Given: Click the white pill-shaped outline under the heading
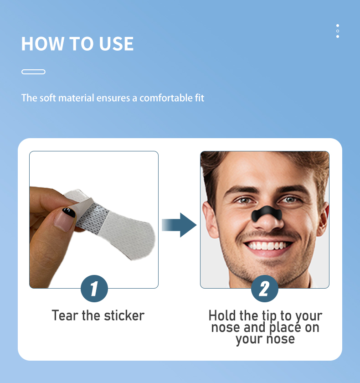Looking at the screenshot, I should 33,72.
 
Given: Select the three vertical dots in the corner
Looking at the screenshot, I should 337,31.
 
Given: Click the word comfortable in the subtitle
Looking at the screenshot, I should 166,98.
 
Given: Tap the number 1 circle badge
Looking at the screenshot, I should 94,288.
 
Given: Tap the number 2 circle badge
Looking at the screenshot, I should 264,288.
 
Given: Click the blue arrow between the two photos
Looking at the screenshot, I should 180,225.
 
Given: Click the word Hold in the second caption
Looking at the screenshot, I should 222,316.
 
